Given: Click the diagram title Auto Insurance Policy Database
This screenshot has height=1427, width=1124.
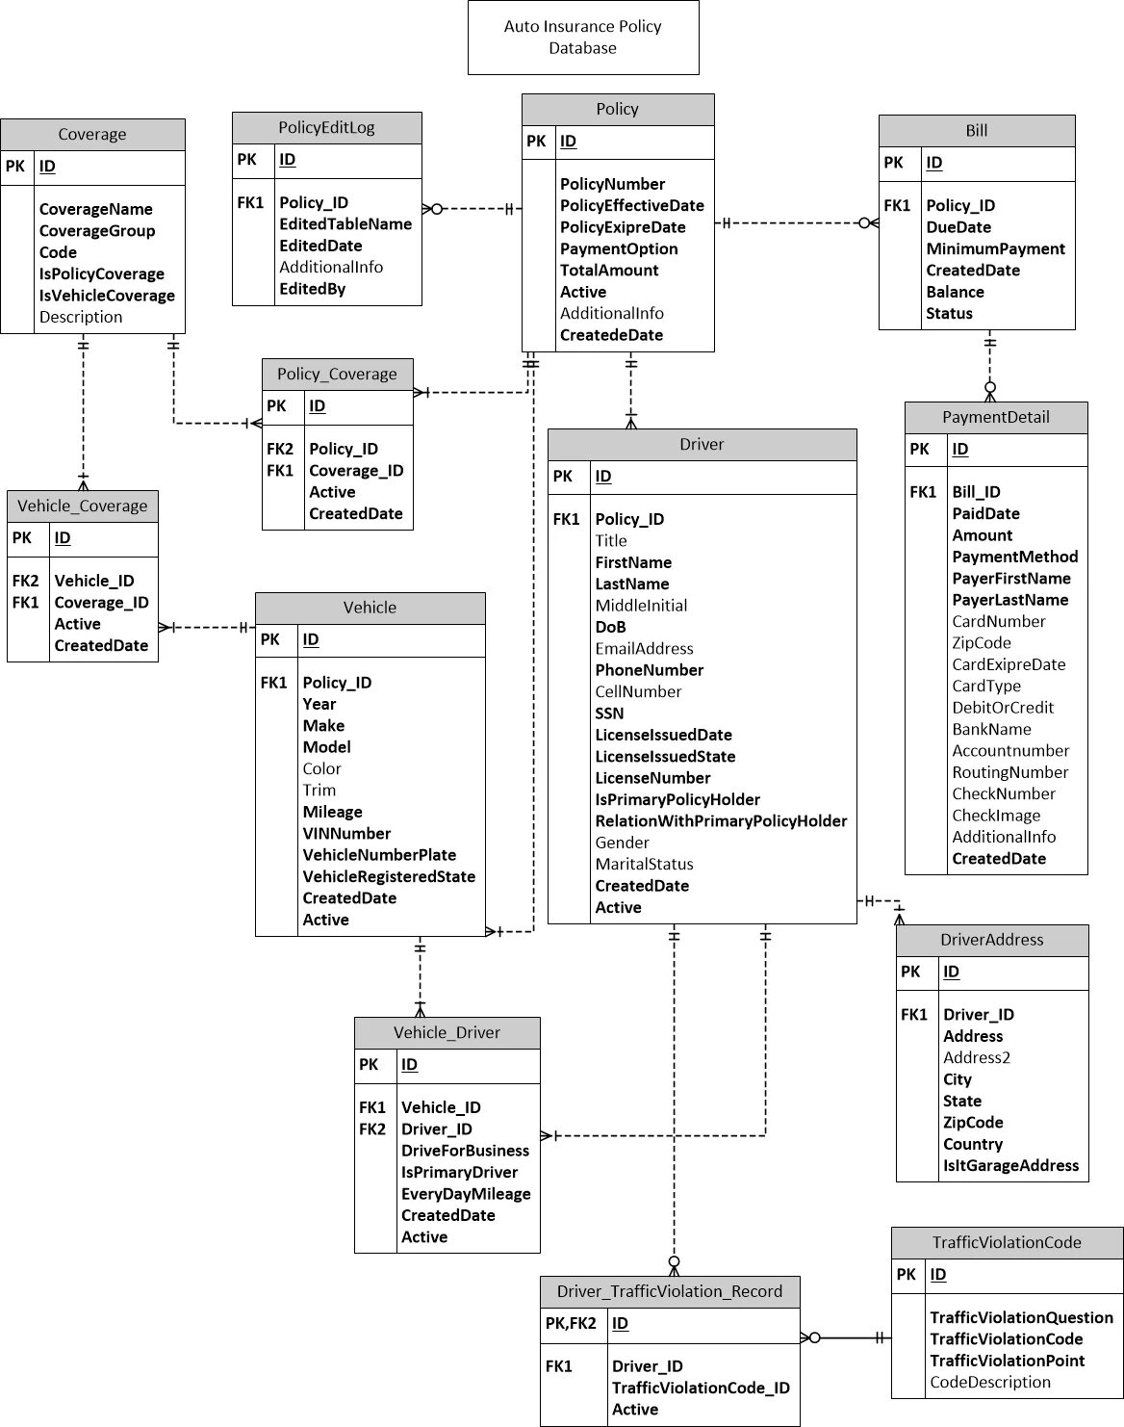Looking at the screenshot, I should coord(582,38).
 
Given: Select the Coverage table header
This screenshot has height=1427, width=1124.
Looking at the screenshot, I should coord(92,135).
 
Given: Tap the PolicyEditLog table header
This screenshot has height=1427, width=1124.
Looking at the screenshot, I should coord(326,127).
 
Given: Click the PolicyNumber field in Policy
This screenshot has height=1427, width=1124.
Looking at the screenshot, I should coord(612,184).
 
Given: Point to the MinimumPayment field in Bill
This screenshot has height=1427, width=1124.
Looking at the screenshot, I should coord(995,248).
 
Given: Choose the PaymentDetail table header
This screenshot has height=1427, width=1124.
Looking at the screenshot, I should coord(995,417).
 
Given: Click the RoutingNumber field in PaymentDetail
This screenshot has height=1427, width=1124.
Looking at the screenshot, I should coord(1009,772).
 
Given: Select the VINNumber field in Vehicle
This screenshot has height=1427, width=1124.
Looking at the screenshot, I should coord(346,834).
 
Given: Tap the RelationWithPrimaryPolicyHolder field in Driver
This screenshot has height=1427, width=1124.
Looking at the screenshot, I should coord(721,821).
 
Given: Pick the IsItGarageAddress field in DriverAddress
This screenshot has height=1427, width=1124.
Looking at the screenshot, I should coord(1010,1165).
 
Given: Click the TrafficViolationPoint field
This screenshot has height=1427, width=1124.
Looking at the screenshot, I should coord(1007,1361).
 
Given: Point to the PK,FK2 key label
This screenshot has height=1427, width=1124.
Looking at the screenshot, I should coord(571,1323).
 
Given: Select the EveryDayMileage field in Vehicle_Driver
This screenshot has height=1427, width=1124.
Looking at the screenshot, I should coord(466,1194).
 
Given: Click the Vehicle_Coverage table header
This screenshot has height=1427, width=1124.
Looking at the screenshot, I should coord(83,506).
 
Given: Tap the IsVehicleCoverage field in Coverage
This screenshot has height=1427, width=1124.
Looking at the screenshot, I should coord(107,296).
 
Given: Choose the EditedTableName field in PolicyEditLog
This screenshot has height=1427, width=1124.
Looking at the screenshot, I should coord(345,223).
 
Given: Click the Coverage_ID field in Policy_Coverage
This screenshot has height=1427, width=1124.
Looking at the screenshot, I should coord(356,471).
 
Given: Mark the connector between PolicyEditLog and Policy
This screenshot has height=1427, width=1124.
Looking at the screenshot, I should coord(472,208).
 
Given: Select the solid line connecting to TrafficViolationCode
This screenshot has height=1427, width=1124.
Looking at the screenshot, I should coord(846,1337).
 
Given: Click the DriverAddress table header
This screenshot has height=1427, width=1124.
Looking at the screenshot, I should coord(991,940).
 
